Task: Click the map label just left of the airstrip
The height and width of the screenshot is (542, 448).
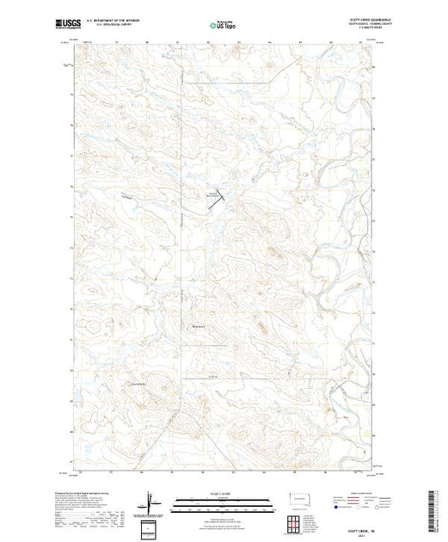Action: pos(209,194)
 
